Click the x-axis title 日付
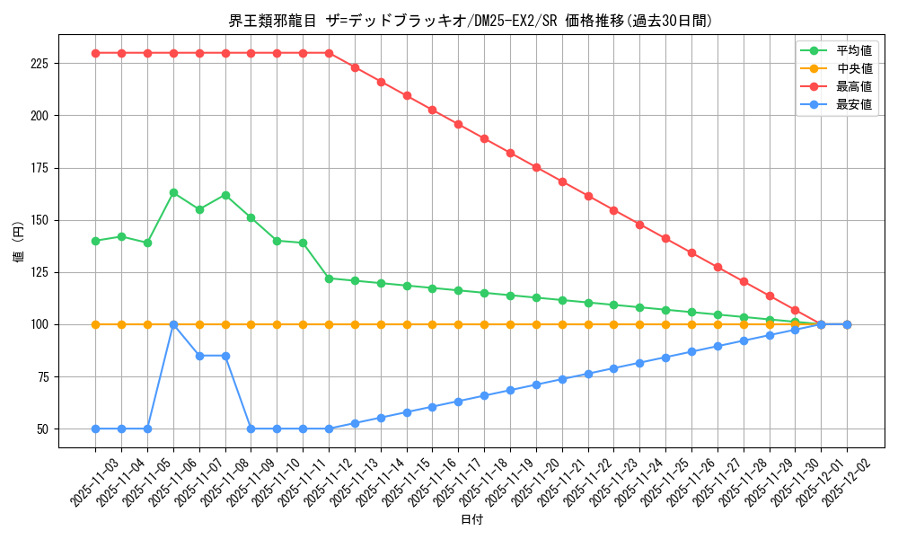[x=471, y=520]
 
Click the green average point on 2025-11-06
[x=173, y=192]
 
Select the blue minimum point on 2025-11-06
[x=173, y=324]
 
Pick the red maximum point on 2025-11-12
[x=329, y=53]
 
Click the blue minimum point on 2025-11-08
[x=225, y=356]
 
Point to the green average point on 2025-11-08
[x=225, y=195]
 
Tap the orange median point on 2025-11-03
[x=95, y=324]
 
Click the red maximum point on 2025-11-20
[x=536, y=167]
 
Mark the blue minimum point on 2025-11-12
[x=329, y=429]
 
